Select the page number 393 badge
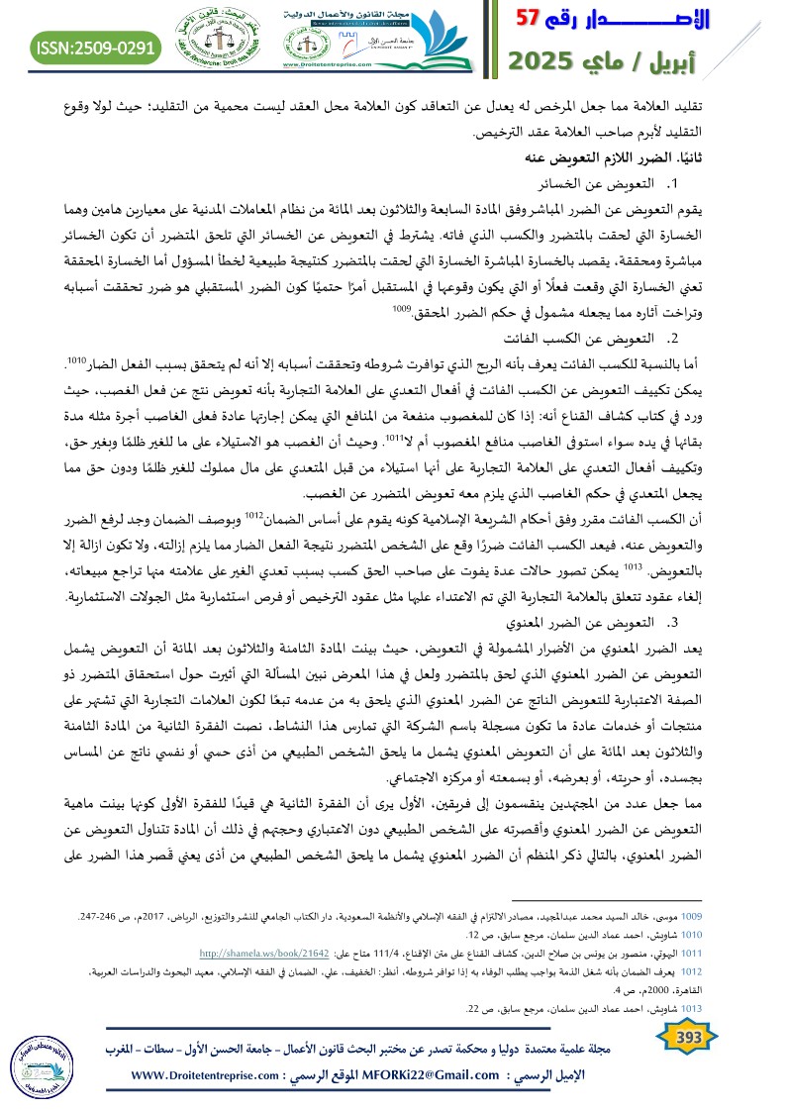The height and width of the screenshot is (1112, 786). tap(684, 1038)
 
